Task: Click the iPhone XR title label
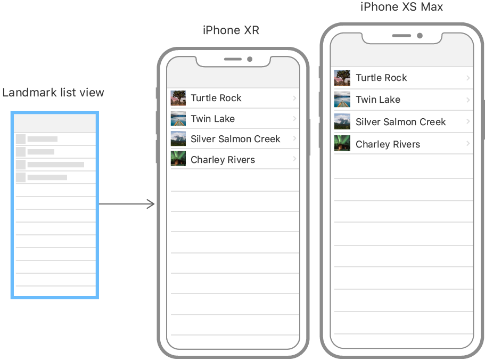(x=231, y=30)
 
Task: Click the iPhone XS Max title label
(x=401, y=7)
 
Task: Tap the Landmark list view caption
(x=53, y=93)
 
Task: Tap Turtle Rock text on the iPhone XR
(x=216, y=98)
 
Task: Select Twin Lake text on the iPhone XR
(x=212, y=119)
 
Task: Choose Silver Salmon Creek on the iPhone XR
(x=235, y=139)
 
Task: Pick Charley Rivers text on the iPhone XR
(x=223, y=160)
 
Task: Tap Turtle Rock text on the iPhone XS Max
(x=381, y=78)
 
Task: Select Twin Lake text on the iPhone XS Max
(x=378, y=100)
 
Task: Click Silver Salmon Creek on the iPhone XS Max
(x=400, y=122)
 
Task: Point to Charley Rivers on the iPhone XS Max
(x=388, y=144)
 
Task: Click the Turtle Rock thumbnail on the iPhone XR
(x=178, y=98)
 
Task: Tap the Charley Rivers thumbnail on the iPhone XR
(x=178, y=159)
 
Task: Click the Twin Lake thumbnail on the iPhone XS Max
(x=342, y=100)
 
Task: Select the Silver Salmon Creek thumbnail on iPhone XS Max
(x=342, y=122)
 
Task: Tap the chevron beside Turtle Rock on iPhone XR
(x=294, y=98)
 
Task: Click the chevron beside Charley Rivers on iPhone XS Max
(x=468, y=144)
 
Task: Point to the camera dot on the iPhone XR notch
(x=250, y=59)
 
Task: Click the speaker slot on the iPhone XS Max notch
(x=401, y=36)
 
